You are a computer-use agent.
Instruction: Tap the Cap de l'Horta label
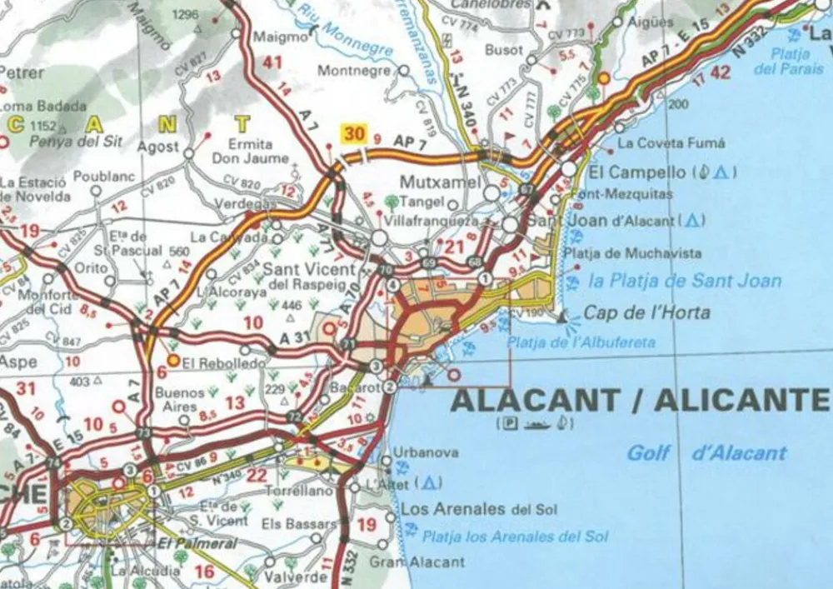click(647, 313)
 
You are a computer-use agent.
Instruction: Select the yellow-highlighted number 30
click(354, 134)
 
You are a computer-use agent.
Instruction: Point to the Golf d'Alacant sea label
click(706, 453)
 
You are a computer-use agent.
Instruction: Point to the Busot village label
click(504, 50)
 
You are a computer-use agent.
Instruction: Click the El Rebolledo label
click(212, 363)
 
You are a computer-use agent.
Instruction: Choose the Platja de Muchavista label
click(632, 253)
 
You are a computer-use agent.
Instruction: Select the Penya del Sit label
click(75, 141)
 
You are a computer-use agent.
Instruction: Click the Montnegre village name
click(354, 72)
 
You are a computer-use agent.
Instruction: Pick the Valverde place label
click(295, 577)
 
